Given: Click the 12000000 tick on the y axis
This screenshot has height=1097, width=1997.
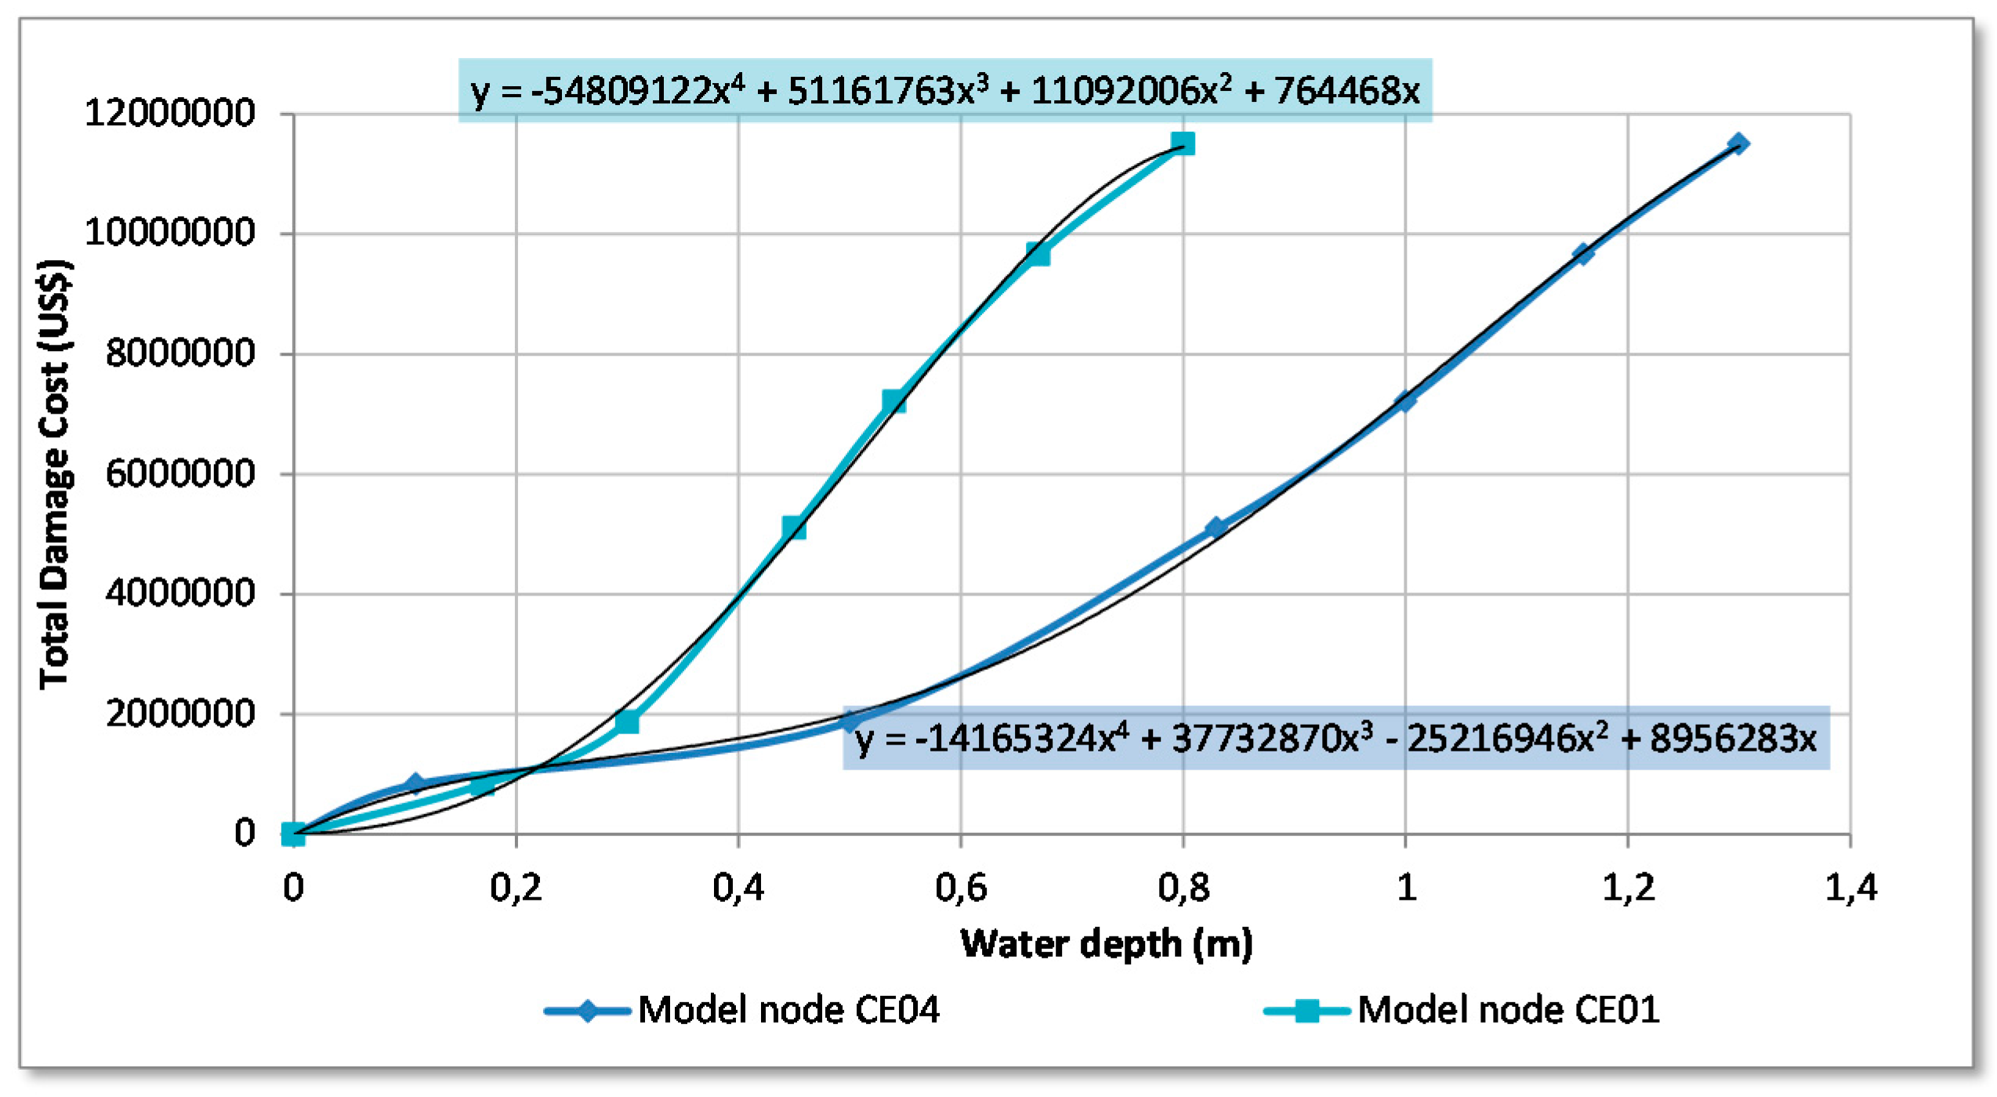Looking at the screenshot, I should [x=169, y=114].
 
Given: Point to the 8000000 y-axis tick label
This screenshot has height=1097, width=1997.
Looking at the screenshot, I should [x=179, y=353].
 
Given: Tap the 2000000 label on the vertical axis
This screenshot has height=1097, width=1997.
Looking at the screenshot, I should [x=179, y=714].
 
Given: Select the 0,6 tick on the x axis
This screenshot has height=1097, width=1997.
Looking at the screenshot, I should [x=961, y=888].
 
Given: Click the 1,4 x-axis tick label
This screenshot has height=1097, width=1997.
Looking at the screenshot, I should [x=1850, y=888].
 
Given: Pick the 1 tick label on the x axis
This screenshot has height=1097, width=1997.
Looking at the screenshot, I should [x=1406, y=888].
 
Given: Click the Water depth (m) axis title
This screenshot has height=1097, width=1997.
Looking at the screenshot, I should [x=1106, y=944].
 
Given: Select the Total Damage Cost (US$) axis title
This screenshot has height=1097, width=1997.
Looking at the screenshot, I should [x=55, y=474].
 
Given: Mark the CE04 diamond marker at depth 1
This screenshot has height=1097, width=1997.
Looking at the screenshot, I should [x=1405, y=401].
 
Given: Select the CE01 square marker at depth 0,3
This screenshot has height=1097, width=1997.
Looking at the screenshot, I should [x=627, y=722].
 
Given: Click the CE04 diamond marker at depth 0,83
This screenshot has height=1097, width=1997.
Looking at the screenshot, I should [x=1215, y=528].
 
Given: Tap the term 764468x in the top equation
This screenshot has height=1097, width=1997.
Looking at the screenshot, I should [x=1346, y=92].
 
